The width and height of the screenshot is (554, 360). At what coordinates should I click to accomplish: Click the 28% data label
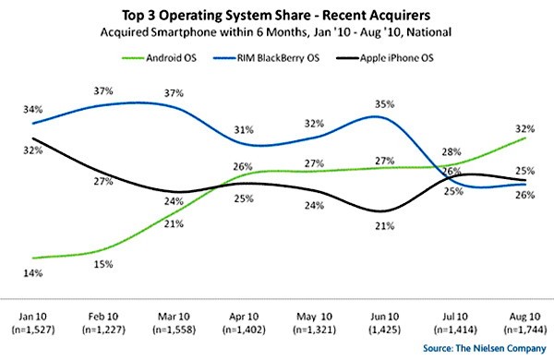(451, 150)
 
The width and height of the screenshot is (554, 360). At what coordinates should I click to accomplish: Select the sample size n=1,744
(523, 330)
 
